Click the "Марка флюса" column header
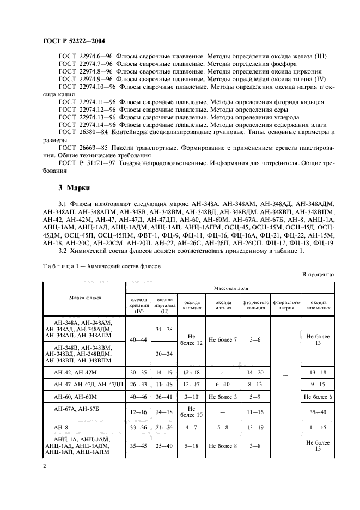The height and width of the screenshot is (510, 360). (x=84, y=297)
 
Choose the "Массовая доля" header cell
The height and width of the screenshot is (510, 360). (x=230, y=286)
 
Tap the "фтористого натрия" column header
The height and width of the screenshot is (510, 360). (x=286, y=303)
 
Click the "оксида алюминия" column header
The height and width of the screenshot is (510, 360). (x=318, y=303)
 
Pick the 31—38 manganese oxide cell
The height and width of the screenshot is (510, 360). (x=165, y=329)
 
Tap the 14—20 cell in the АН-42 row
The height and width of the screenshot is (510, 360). (x=255, y=373)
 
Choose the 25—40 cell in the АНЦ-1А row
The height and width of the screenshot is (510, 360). (x=165, y=446)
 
